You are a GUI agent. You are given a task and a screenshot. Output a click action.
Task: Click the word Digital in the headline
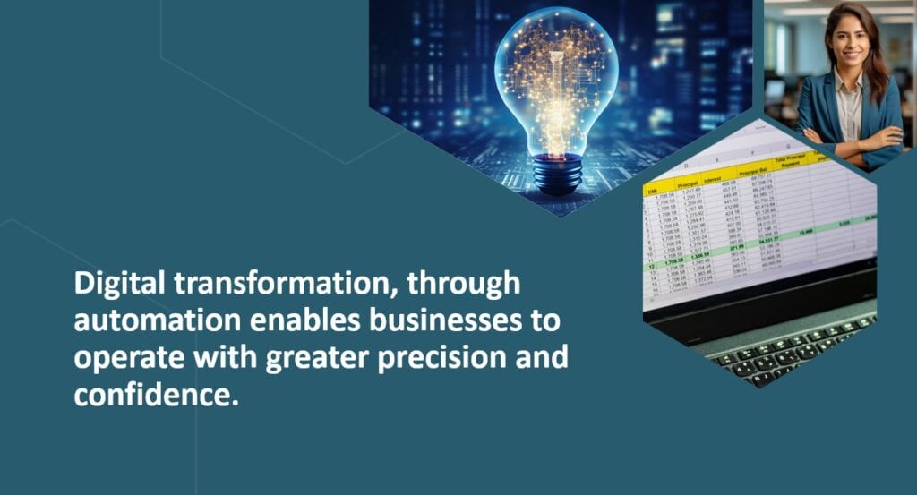pyautogui.click(x=115, y=285)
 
